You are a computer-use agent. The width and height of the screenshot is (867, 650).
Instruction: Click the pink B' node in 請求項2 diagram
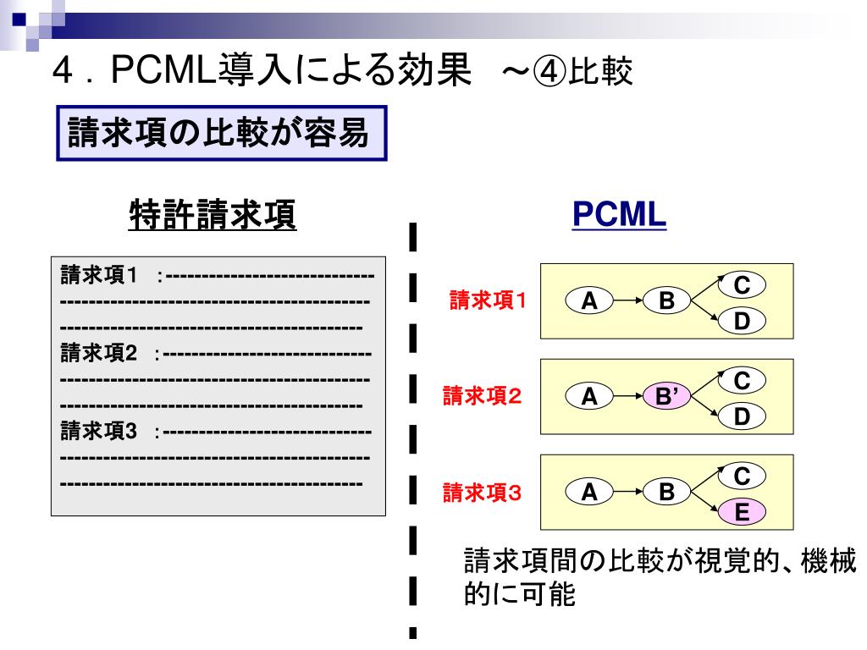coord(666,395)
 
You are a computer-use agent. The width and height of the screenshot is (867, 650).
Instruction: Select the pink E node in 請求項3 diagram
coord(741,511)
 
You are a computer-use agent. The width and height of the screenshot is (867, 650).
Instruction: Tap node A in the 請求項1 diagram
coord(591,300)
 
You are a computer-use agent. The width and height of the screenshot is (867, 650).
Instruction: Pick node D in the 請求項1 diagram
coord(741,321)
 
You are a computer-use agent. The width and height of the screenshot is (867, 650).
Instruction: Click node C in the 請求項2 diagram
coord(741,381)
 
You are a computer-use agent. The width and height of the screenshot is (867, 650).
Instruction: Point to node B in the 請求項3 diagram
coord(666,491)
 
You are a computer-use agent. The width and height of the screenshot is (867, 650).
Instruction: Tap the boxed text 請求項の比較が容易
coord(220,133)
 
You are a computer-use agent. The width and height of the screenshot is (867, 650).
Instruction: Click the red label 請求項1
coord(487,300)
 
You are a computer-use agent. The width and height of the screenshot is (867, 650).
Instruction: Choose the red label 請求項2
coord(483,395)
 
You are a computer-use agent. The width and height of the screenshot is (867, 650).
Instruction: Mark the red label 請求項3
coord(483,492)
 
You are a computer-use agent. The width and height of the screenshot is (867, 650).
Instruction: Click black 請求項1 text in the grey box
coord(99,276)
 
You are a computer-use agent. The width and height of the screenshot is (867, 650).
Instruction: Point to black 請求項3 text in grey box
coord(99,432)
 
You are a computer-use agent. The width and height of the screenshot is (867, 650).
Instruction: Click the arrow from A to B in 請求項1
coord(628,300)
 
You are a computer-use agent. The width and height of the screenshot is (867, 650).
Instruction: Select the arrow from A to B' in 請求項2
coord(628,395)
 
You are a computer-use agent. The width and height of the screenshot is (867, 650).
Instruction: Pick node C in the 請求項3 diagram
coord(741,476)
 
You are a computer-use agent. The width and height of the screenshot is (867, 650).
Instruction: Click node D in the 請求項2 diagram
coord(741,416)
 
